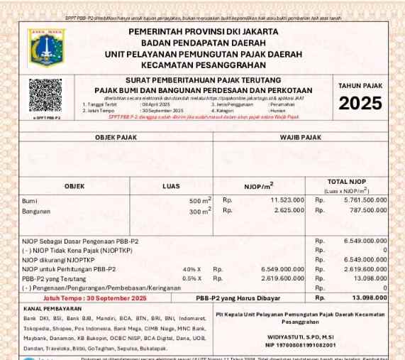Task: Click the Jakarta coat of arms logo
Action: [46, 48]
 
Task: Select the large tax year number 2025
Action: [360, 104]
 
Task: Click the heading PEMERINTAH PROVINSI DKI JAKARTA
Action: [203, 32]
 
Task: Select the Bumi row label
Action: [31, 201]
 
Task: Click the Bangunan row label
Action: [36, 211]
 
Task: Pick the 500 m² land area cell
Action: [199, 201]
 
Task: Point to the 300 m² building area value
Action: [199, 211]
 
